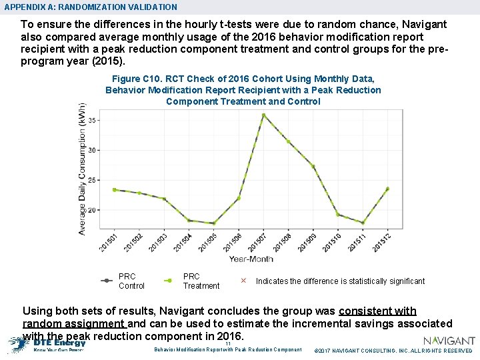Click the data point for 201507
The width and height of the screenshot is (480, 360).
[263, 115]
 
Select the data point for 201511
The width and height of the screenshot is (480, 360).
[363, 223]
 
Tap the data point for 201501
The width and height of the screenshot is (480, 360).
[115, 189]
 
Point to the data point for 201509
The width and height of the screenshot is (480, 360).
[313, 167]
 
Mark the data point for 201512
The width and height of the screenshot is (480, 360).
[387, 189]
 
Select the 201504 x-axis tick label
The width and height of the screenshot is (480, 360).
[183, 241]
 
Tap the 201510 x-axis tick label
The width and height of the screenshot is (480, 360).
[332, 241]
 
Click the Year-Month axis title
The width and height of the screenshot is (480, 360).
[251, 259]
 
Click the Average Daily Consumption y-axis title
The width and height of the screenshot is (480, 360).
[82, 169]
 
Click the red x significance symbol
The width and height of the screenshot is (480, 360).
[243, 281]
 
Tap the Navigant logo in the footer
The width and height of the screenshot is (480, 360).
[449, 341]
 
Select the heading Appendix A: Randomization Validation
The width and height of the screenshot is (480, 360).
[91, 7]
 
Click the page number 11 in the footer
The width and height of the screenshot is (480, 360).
[228, 343]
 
